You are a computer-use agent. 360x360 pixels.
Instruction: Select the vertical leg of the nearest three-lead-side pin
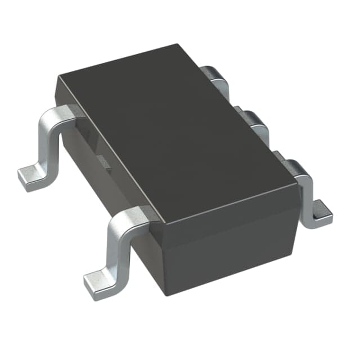307,194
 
